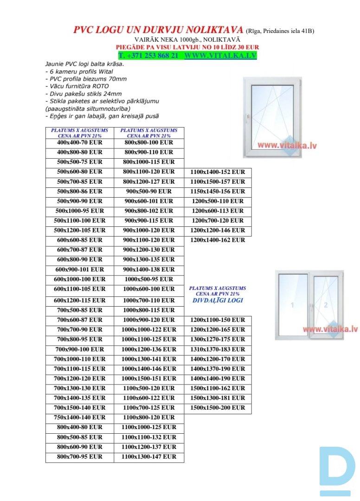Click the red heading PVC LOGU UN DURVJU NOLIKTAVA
click(x=159, y=30)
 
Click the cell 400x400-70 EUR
click(x=80, y=142)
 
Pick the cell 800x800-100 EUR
click(x=148, y=142)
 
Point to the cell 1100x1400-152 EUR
click(x=218, y=172)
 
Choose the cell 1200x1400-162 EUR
click(x=218, y=240)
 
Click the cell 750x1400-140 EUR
click(x=80, y=417)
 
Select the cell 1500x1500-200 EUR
click(x=218, y=408)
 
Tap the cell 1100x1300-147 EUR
click(x=148, y=457)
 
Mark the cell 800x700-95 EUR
click(x=80, y=457)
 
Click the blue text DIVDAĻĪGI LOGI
click(x=218, y=300)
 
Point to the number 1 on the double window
click(x=292, y=305)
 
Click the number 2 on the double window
click(x=326, y=305)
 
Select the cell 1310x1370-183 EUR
click(x=218, y=349)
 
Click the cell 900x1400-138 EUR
click(x=148, y=270)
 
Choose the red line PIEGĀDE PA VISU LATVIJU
click(x=187, y=47)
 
